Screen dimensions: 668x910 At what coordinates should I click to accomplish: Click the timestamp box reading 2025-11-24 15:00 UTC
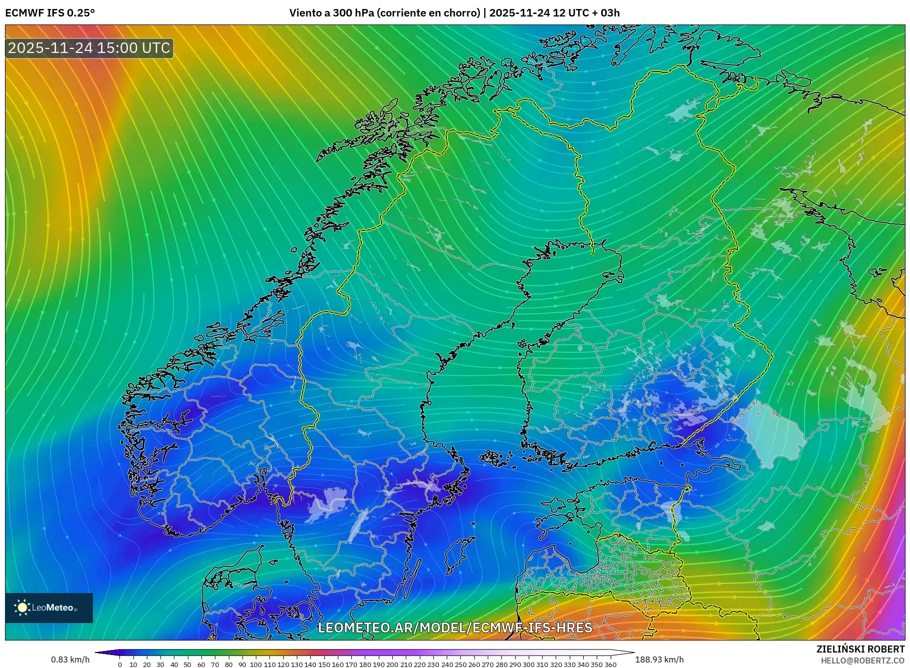pyautogui.click(x=89, y=48)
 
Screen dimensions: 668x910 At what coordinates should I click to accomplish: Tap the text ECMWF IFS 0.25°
pyautogui.click(x=50, y=13)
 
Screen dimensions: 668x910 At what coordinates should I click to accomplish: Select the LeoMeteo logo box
pyautogui.click(x=49, y=608)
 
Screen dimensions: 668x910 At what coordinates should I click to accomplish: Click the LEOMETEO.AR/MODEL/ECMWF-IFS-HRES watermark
pyautogui.click(x=455, y=628)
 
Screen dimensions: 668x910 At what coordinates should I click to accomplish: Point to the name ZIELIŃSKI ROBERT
pyautogui.click(x=860, y=649)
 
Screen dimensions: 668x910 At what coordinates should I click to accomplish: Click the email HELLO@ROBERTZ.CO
pyautogui.click(x=863, y=661)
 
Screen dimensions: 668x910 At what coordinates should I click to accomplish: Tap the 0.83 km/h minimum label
pyautogui.click(x=70, y=660)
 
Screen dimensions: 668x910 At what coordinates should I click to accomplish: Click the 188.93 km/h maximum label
pyautogui.click(x=659, y=660)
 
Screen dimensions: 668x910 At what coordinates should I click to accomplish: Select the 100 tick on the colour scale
pyautogui.click(x=256, y=665)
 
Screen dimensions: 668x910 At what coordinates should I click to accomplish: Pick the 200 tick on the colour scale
pyautogui.click(x=392, y=665)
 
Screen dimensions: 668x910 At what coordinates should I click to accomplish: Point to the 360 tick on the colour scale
pyautogui.click(x=611, y=665)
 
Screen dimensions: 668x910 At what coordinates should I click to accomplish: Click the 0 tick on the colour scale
pyautogui.click(x=120, y=665)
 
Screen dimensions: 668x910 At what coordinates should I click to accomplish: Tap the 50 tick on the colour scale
pyautogui.click(x=187, y=665)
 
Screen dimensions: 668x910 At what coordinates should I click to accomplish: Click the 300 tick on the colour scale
pyautogui.click(x=529, y=665)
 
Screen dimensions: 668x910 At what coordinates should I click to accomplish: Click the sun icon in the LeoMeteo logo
pyautogui.click(x=22, y=608)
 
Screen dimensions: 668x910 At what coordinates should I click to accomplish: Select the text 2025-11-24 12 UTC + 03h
pyautogui.click(x=554, y=13)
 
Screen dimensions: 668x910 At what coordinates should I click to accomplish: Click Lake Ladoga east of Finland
pyautogui.click(x=772, y=434)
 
